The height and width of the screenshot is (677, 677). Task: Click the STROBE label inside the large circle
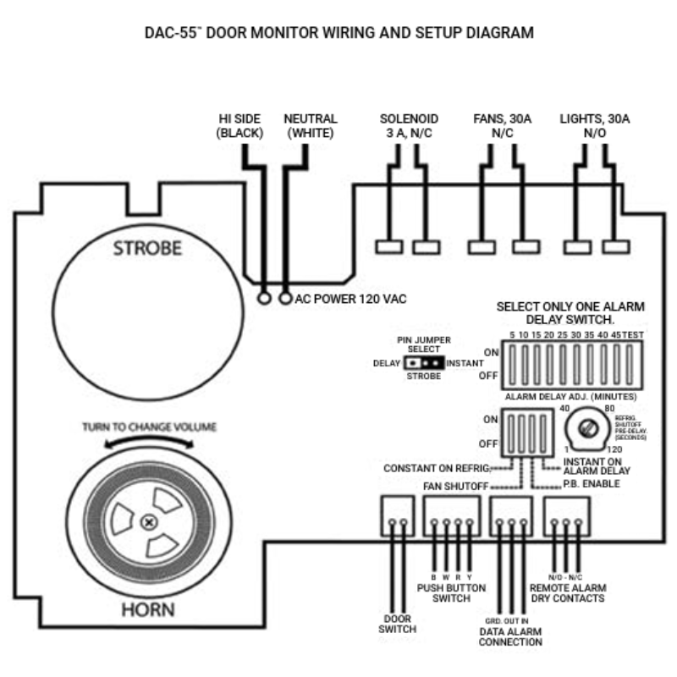147,249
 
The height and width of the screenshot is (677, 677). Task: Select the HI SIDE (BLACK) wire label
239,126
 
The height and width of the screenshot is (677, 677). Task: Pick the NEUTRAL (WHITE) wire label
311,126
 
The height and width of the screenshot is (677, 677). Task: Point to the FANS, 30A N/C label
502,126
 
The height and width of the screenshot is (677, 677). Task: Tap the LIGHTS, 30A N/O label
594,126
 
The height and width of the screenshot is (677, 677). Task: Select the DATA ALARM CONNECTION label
510,636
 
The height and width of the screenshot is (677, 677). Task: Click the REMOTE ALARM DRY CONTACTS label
567,592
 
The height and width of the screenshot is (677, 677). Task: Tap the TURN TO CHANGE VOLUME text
149,427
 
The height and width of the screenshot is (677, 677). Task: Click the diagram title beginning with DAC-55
338,34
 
